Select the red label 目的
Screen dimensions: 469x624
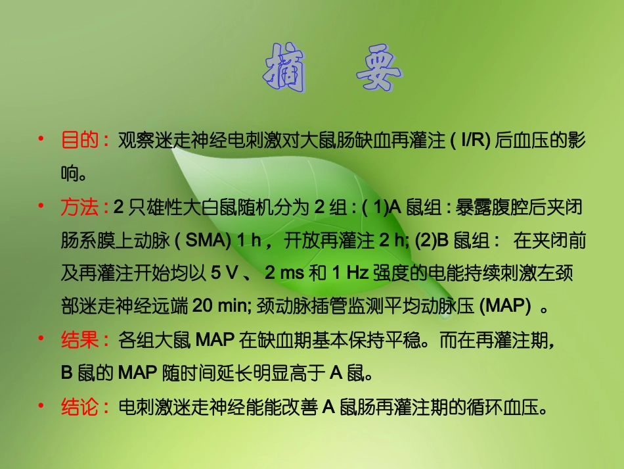[x=79, y=140]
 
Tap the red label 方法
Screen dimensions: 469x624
[x=79, y=209]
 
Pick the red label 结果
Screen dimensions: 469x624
[x=79, y=340]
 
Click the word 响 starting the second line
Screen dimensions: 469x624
[x=70, y=174]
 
